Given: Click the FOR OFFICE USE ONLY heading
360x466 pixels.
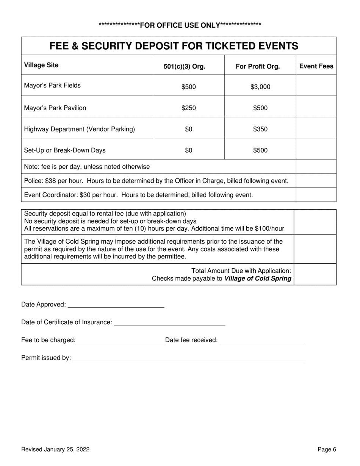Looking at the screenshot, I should [x=180, y=25].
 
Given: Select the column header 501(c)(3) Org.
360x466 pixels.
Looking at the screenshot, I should [x=184, y=67].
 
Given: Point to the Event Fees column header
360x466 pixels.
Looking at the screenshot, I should [x=316, y=66].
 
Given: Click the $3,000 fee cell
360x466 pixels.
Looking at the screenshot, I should [x=260, y=87].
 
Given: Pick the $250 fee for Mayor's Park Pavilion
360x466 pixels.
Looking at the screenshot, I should [x=188, y=108].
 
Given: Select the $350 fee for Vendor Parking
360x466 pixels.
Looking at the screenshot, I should [x=260, y=129].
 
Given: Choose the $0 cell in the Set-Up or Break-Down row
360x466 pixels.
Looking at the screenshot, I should [x=188, y=150].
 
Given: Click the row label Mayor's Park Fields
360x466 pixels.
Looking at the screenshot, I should [x=52, y=86].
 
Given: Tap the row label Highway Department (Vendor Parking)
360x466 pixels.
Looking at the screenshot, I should [x=80, y=129].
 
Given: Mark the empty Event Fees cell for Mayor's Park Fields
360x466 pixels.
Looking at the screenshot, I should [x=316, y=86].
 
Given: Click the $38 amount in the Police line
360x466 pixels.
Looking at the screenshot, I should [x=52, y=181].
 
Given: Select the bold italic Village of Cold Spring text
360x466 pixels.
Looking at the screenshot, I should [x=258, y=278].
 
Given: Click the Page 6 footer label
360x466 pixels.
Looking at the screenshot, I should [x=327, y=450].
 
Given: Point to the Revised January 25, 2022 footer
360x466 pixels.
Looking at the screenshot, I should [x=55, y=450].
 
